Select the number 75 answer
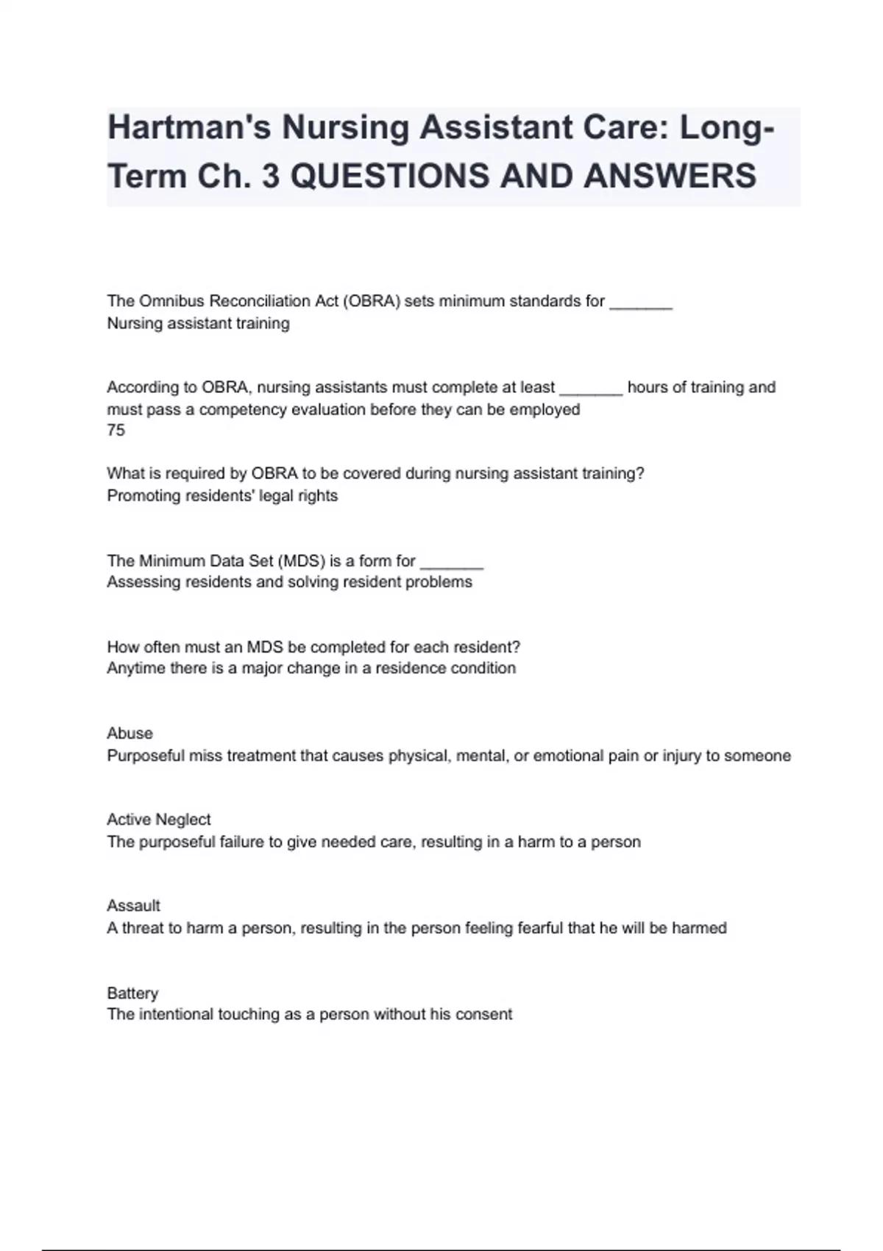point(116,430)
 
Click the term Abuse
point(130,734)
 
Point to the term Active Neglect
point(159,820)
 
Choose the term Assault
point(133,906)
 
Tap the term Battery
point(132,993)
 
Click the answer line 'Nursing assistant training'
point(198,324)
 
